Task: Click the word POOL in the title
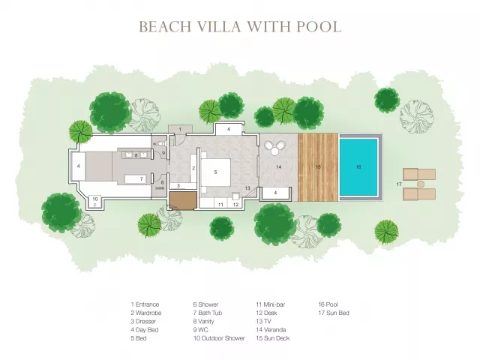pyautogui.click(x=319, y=27)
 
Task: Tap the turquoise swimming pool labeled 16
pyautogui.click(x=358, y=167)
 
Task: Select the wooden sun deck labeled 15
pyautogui.click(x=318, y=167)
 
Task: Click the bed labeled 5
pyautogui.click(x=215, y=172)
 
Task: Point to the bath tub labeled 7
pyautogui.click(x=136, y=179)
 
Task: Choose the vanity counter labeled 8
pyautogui.click(x=136, y=154)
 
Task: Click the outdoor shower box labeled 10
pyautogui.click(x=95, y=200)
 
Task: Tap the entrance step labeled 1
pyautogui.click(x=180, y=130)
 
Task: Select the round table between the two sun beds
pyautogui.click(x=421, y=184)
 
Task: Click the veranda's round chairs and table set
pyautogui.click(x=274, y=147)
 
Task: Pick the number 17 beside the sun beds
pyautogui.click(x=398, y=184)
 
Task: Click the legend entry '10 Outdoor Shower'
pyautogui.click(x=219, y=338)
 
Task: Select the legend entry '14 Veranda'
pyautogui.click(x=271, y=330)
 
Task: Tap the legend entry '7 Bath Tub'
pyautogui.click(x=208, y=313)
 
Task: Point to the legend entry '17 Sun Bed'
pyautogui.click(x=334, y=313)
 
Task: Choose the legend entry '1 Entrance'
pyautogui.click(x=145, y=304)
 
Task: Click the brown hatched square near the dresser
pyautogui.click(x=183, y=200)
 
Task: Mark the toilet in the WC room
pyautogui.click(x=162, y=143)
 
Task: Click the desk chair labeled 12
pyautogui.click(x=235, y=195)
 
